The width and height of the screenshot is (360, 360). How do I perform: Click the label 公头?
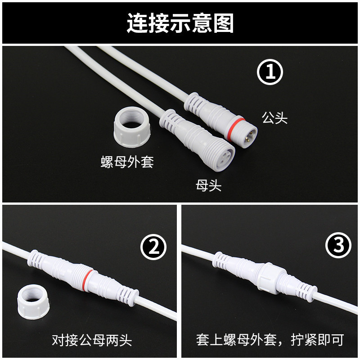point(274,118)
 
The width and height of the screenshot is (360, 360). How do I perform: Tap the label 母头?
point(209,185)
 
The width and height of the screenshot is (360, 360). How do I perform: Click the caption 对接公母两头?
point(91,339)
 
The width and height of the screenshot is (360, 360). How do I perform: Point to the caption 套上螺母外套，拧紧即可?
point(270,339)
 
